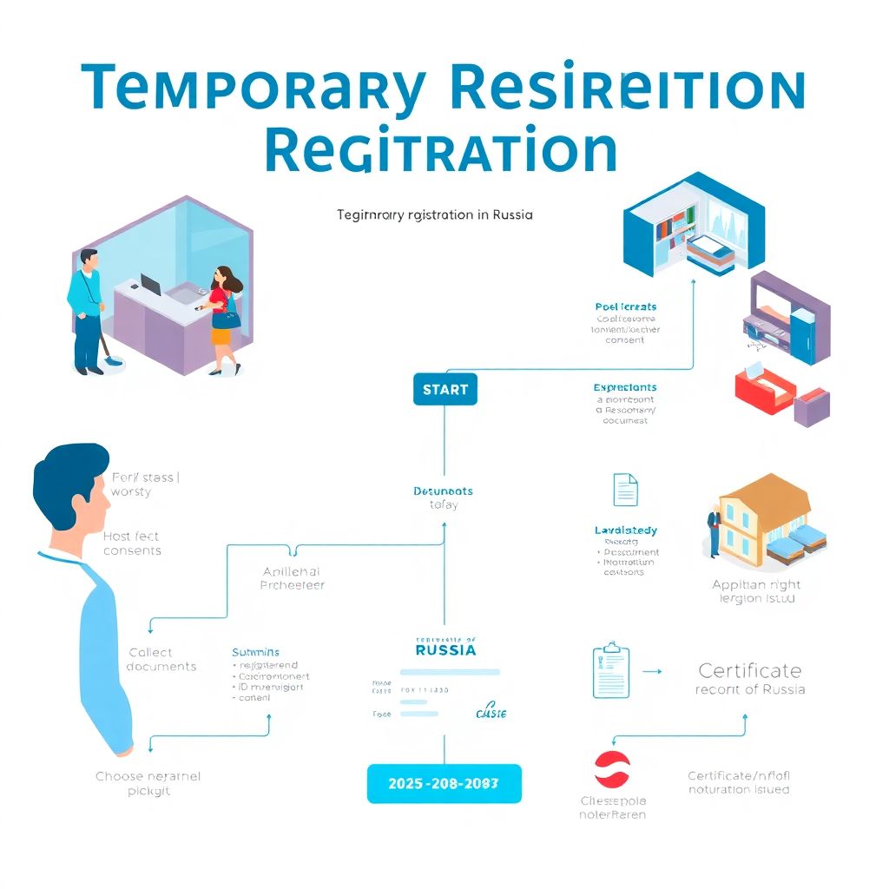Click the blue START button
coord(444,390)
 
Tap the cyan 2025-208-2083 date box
coord(444,783)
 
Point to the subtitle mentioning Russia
coord(434,214)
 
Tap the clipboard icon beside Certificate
coord(610,672)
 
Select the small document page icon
coord(625,490)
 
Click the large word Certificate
coord(750,670)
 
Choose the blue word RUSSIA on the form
coord(445,649)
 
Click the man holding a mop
coord(88,308)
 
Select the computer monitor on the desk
coord(150,285)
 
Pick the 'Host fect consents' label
coord(132,543)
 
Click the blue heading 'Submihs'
coord(255,651)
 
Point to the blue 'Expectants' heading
coord(625,387)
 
